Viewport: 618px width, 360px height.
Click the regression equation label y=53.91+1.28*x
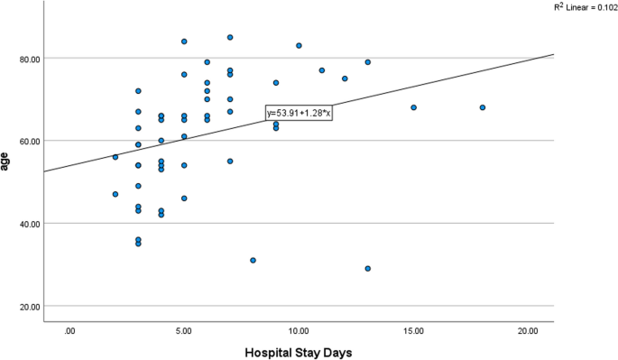pyautogui.click(x=300, y=113)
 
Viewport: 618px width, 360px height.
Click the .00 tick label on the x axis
pyautogui.click(x=69, y=331)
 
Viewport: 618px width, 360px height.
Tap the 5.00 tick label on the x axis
pyautogui.click(x=184, y=331)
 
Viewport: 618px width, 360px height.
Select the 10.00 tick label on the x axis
pyautogui.click(x=299, y=331)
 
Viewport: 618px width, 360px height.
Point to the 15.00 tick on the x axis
pyautogui.click(x=413, y=331)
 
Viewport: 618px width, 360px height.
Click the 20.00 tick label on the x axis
pyautogui.click(x=528, y=331)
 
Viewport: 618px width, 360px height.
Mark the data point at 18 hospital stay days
pyautogui.click(x=483, y=107)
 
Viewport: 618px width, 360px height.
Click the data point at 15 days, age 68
pyautogui.click(x=414, y=107)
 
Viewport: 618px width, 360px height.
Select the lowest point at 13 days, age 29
pyautogui.click(x=368, y=268)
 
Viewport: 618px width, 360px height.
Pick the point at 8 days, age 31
pyautogui.click(x=254, y=260)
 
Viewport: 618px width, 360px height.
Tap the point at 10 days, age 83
pyautogui.click(x=299, y=45)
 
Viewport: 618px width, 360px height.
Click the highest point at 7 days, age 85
pyautogui.click(x=230, y=37)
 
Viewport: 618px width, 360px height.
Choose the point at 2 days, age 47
pyautogui.click(x=115, y=194)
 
